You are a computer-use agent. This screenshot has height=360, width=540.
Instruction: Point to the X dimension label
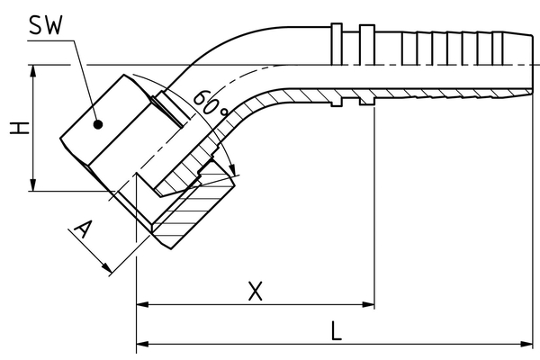pos(256,291)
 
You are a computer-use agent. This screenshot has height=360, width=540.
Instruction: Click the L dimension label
pos(335,330)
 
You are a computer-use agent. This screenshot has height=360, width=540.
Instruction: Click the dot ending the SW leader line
pos(99,124)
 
